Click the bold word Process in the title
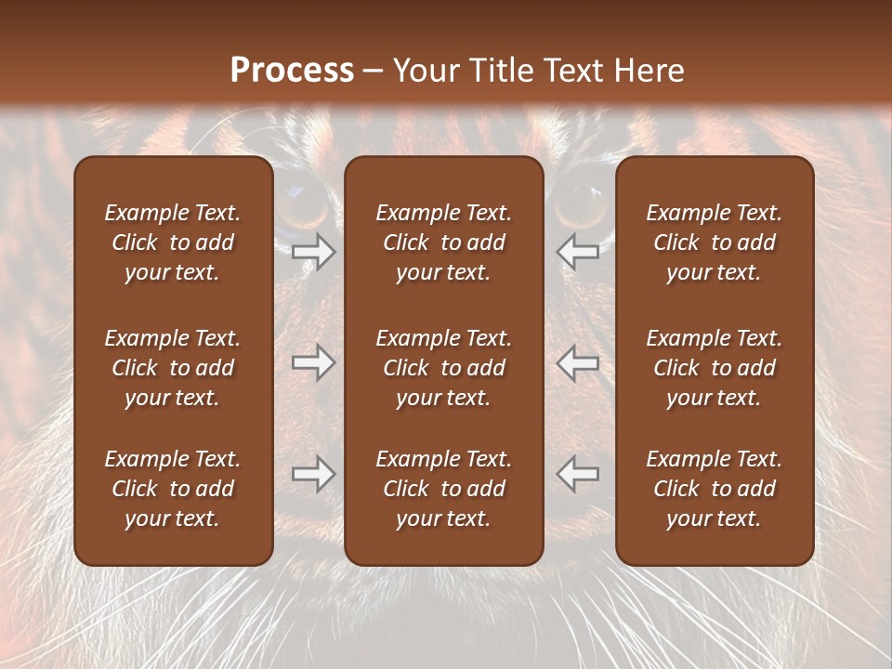click(292, 71)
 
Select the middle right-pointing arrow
click(313, 362)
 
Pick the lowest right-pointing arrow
click(313, 474)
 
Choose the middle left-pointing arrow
click(578, 362)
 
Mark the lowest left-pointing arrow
click(578, 474)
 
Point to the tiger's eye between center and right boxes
click(581, 201)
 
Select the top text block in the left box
click(173, 243)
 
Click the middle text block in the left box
click(173, 368)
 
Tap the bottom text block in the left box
click(173, 489)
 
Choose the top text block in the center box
click(444, 243)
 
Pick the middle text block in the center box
click(444, 368)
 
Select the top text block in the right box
click(715, 243)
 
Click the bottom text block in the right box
click(715, 489)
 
